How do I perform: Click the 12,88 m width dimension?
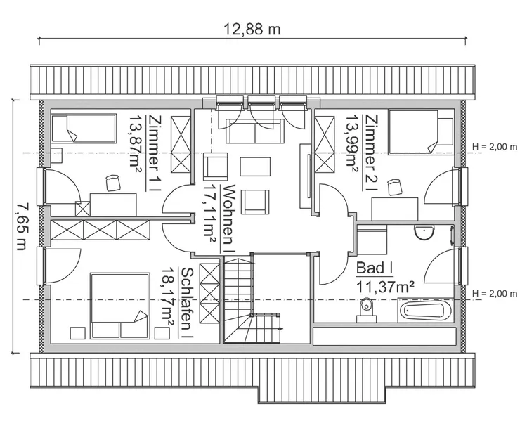[x=252, y=30]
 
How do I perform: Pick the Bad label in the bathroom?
[x=373, y=268]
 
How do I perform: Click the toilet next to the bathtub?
[x=365, y=309]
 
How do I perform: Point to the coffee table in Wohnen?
[x=255, y=167]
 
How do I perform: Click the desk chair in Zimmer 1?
[x=112, y=183]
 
